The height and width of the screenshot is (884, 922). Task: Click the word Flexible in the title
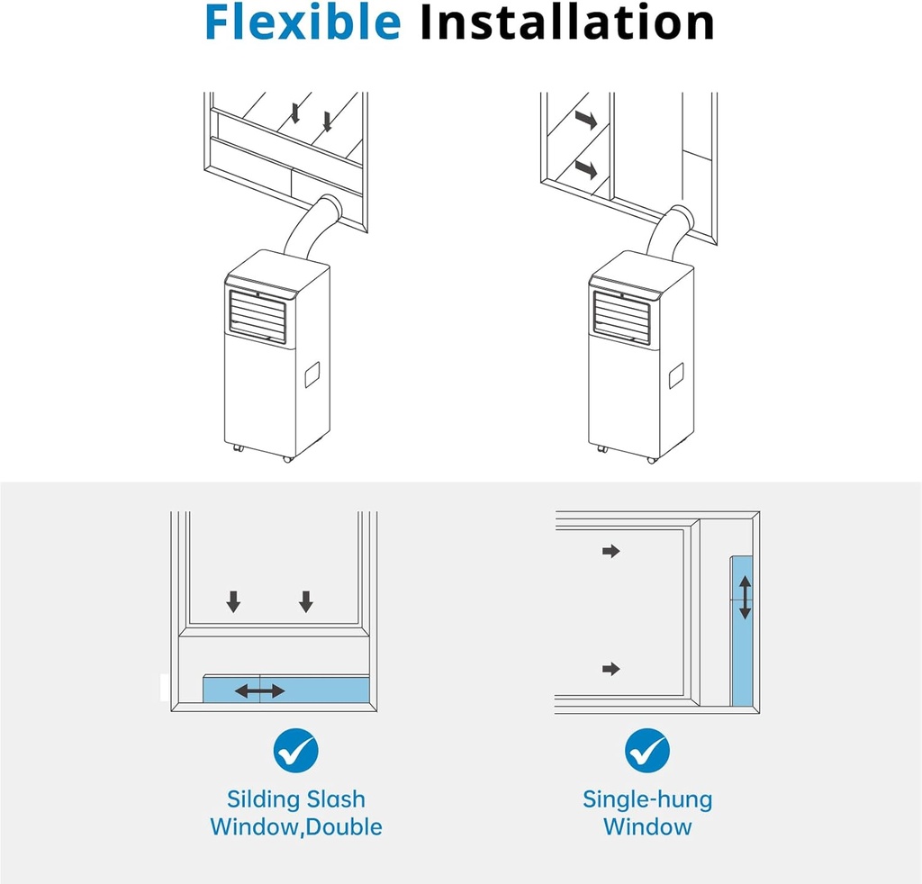click(x=303, y=23)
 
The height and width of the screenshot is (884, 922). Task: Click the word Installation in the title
click(x=567, y=23)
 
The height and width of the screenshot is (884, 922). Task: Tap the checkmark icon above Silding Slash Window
click(x=296, y=749)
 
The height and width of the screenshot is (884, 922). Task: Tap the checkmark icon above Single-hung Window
click(x=647, y=749)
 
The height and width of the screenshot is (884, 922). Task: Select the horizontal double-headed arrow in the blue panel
click(x=260, y=690)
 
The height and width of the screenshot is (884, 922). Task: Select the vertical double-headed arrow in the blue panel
click(x=745, y=596)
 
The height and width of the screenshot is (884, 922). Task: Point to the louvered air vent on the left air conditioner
click(x=258, y=317)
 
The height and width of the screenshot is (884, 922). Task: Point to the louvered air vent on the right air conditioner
click(x=621, y=317)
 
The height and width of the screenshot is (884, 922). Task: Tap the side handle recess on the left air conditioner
click(x=312, y=374)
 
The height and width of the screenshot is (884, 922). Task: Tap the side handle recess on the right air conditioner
click(x=676, y=375)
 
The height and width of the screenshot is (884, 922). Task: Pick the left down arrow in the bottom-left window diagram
click(x=233, y=601)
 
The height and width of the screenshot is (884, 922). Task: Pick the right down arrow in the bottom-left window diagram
click(x=306, y=601)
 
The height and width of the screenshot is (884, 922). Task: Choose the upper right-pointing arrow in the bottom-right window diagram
click(x=611, y=551)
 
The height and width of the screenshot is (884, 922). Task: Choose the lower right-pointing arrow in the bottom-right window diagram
click(x=611, y=669)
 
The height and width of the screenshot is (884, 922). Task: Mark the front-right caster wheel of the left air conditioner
click(x=287, y=458)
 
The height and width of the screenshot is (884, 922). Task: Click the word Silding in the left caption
click(x=258, y=798)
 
